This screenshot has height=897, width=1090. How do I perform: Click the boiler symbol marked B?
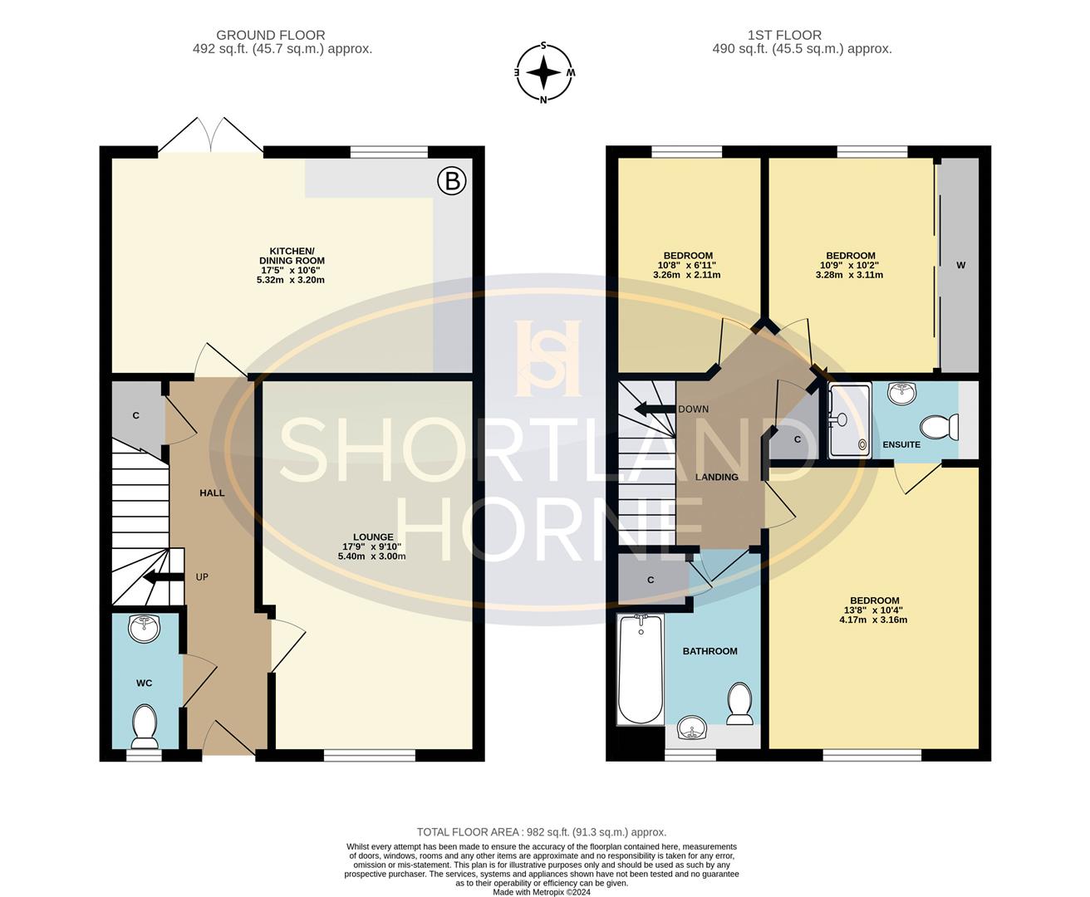[x=452, y=181]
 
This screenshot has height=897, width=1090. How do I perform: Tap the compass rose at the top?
[x=543, y=72]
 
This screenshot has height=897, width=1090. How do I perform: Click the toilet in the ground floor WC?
[x=145, y=727]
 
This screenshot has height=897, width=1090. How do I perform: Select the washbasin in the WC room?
[x=145, y=628]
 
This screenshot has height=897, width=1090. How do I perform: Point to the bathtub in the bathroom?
[x=641, y=669]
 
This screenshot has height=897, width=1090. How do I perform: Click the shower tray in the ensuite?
[x=850, y=420]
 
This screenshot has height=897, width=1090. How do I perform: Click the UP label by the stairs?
[x=202, y=576]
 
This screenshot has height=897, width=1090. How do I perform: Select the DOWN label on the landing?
[x=693, y=409]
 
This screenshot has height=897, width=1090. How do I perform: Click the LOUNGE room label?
[x=373, y=537]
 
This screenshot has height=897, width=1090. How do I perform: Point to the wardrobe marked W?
[x=960, y=265]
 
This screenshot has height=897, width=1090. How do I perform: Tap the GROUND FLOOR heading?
[x=270, y=35]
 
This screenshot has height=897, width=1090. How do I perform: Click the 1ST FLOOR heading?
[x=784, y=35]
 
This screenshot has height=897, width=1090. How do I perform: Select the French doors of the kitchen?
[x=211, y=135]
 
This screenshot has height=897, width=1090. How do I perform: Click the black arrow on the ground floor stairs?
[x=164, y=576]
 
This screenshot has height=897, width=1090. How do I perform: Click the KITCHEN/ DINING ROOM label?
[x=292, y=256]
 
